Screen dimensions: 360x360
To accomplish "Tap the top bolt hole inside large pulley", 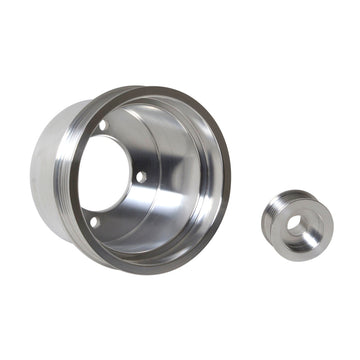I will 103,125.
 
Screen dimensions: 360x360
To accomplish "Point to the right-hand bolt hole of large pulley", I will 140,177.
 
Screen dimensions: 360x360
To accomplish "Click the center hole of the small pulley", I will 297,225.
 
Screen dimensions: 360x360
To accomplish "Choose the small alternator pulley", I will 296,225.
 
